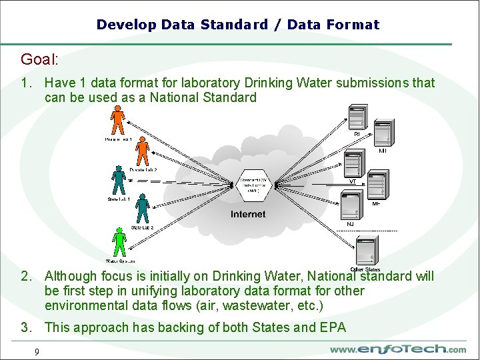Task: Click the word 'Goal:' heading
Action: [39, 59]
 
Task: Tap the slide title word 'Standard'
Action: [233, 25]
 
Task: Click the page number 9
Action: [37, 351]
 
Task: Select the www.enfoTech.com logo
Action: [398, 349]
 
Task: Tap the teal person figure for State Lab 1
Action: [119, 181]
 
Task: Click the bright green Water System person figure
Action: [119, 242]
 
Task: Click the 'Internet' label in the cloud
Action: [248, 215]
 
